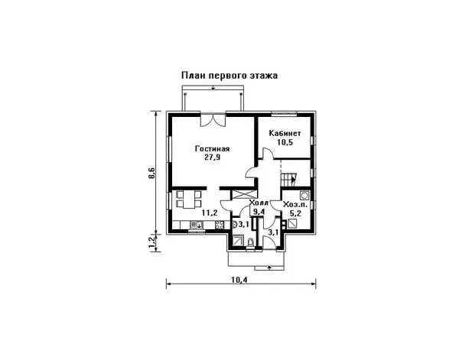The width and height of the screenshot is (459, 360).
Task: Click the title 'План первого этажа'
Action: [x=229, y=76]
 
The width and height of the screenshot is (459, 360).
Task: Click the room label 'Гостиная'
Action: [x=212, y=148]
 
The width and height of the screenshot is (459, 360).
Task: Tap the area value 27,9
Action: [x=212, y=157]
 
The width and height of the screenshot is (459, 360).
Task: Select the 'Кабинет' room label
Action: [x=285, y=133]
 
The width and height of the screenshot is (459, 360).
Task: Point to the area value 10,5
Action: [x=285, y=142]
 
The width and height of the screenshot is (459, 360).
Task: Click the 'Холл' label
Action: [x=259, y=203]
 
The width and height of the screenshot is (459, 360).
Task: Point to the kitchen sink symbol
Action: [x=195, y=225]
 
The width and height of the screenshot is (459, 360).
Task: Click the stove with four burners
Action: [x=218, y=225]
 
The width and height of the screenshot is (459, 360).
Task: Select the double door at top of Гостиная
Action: [x=212, y=119]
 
